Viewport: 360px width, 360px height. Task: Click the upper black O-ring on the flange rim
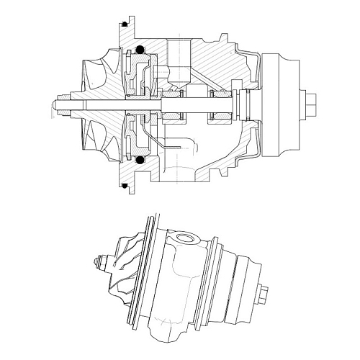pos(125,24)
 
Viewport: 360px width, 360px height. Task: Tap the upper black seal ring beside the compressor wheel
pos(137,50)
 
